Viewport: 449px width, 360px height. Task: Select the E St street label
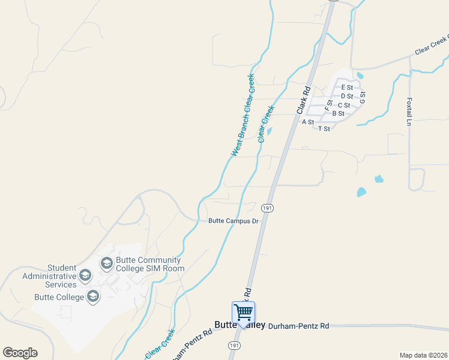[347, 88]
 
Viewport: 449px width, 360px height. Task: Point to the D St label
[346, 96]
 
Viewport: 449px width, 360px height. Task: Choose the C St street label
[344, 105]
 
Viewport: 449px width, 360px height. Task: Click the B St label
[338, 113]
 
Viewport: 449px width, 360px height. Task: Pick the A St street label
[308, 122]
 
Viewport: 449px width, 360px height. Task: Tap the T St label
[324, 129]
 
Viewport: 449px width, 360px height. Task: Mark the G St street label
[363, 98]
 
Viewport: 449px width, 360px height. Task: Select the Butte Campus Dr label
[233, 221]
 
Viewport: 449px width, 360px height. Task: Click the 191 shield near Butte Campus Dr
[267, 208]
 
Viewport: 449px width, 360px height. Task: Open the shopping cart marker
[243, 312]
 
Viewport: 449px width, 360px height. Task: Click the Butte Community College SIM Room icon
[106, 263]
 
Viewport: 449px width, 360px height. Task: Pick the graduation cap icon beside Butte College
[93, 296]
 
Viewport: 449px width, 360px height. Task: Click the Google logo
[20, 353]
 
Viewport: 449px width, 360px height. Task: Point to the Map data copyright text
[423, 354]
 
